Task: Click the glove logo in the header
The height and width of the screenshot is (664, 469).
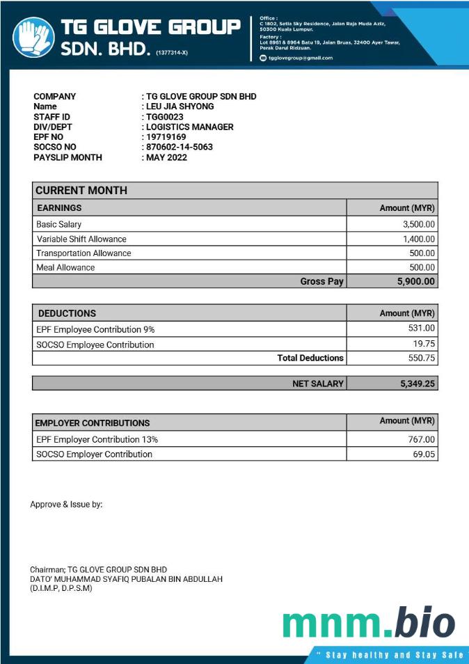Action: click(33, 38)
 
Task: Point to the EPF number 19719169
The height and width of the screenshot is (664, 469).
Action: click(166, 137)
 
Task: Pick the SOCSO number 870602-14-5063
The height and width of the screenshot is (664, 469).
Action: click(180, 148)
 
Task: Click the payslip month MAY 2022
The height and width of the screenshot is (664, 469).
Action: click(166, 157)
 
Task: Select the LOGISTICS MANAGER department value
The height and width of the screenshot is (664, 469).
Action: click(190, 127)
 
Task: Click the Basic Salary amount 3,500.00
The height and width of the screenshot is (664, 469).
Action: click(419, 224)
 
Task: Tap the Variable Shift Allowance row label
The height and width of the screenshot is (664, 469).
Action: click(81, 239)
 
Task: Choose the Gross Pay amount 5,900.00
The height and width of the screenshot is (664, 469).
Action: click(415, 281)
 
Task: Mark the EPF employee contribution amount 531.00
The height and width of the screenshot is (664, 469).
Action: click(422, 328)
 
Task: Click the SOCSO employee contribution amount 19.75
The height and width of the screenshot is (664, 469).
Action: click(424, 344)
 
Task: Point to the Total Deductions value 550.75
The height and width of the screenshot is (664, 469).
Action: click(422, 358)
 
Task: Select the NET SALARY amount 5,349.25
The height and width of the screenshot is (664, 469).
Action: click(418, 383)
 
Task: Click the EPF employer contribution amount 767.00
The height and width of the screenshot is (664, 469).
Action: click(422, 439)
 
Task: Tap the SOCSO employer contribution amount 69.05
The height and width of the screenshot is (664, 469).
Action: click(423, 454)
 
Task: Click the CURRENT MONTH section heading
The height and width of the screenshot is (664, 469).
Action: click(81, 190)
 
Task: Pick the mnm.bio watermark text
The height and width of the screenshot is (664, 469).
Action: click(369, 624)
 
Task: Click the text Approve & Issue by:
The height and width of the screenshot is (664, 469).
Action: click(66, 504)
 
